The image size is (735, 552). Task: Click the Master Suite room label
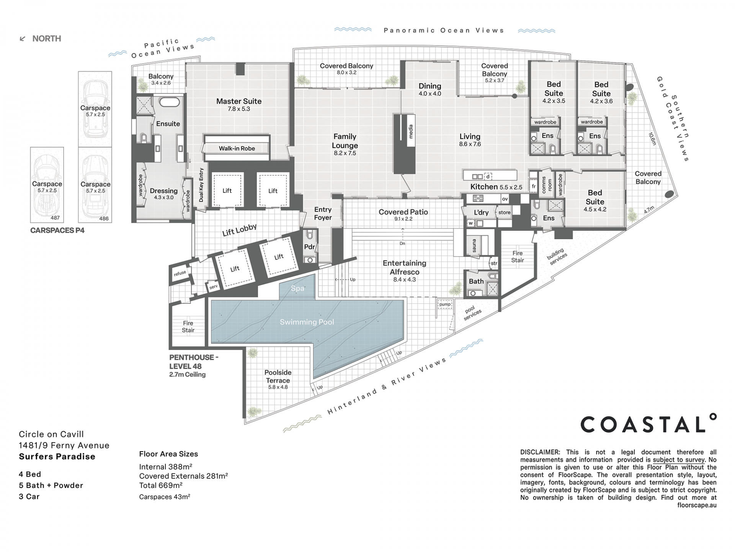239,101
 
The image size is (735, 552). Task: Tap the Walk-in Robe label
237,148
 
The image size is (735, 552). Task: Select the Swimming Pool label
307,322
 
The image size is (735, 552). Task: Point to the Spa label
297,288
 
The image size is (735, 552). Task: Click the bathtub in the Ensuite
169,102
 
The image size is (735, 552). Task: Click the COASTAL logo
648,424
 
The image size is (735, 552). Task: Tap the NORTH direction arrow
23,39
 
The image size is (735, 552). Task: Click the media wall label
411,131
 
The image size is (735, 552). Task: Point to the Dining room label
430,86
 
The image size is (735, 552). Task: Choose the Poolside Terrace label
278,376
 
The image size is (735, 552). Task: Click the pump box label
445,304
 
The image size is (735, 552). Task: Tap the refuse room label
180,273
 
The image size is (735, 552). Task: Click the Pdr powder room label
309,247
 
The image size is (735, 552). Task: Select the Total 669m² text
161,485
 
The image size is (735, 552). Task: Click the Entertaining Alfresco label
405,268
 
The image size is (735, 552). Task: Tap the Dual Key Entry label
201,185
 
